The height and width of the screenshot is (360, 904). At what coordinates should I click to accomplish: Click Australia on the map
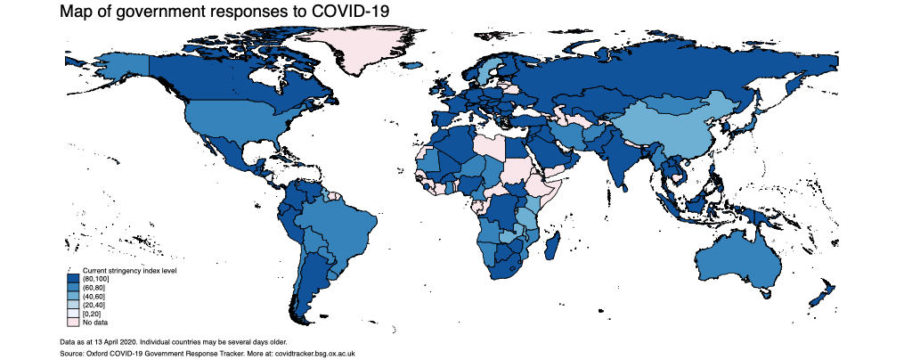739,258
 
